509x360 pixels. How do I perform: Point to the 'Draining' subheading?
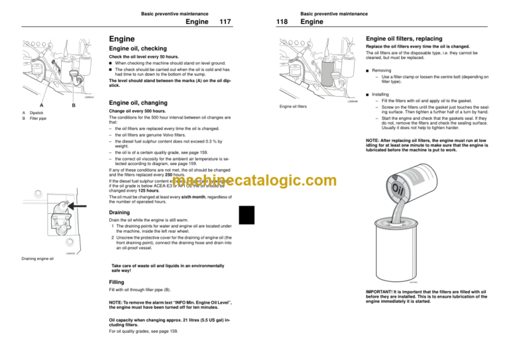point(120,213)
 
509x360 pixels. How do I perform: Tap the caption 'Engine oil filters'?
point(295,105)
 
